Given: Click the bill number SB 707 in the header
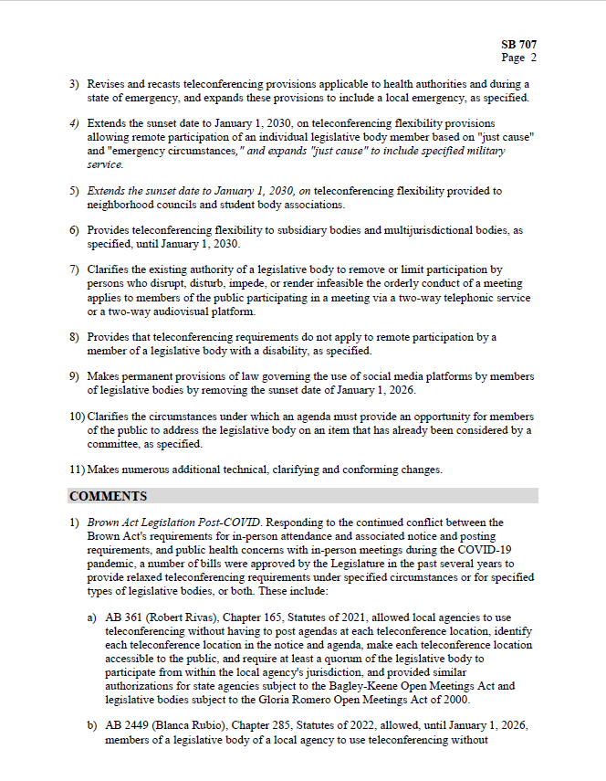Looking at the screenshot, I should click(x=518, y=44).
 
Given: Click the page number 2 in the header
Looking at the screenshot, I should click(x=533, y=58).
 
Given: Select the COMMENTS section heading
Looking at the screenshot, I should click(x=109, y=496).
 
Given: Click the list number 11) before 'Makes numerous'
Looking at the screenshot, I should click(x=77, y=470).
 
